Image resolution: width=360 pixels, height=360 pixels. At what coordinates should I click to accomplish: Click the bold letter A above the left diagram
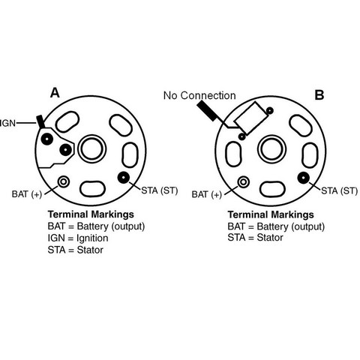(55, 93)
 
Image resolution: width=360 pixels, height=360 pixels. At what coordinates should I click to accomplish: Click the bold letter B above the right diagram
(319, 95)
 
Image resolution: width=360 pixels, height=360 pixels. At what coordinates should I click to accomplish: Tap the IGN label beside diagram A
(7, 123)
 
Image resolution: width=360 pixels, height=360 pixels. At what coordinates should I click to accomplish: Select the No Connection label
(199, 95)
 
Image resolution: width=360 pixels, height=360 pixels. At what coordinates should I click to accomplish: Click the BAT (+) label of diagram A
(27, 194)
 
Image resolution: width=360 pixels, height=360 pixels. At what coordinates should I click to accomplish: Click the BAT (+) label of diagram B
(207, 194)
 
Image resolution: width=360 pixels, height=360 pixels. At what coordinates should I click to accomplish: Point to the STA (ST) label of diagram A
(160, 190)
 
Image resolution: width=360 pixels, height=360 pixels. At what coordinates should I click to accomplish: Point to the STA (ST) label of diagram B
(340, 190)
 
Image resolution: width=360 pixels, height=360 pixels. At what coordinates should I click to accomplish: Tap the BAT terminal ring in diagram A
(64, 181)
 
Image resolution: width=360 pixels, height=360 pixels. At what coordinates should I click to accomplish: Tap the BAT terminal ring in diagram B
(243, 181)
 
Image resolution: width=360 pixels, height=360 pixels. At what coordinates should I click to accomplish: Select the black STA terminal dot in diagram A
(124, 178)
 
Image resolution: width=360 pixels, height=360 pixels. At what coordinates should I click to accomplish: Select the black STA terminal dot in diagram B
(304, 178)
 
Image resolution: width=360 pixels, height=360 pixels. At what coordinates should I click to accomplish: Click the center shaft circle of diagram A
(92, 149)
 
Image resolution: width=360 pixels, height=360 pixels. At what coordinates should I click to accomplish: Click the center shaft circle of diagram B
(271, 149)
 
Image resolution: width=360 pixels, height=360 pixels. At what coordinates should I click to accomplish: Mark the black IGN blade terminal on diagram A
(40, 121)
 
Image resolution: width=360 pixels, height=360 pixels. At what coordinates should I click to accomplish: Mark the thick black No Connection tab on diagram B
(207, 111)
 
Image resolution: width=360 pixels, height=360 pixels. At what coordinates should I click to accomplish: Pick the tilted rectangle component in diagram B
(250, 118)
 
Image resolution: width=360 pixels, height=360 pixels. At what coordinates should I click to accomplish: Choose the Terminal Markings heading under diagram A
(91, 214)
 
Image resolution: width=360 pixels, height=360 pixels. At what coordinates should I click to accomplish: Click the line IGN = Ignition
(78, 238)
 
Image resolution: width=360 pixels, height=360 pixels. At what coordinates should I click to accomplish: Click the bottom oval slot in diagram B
(272, 189)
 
